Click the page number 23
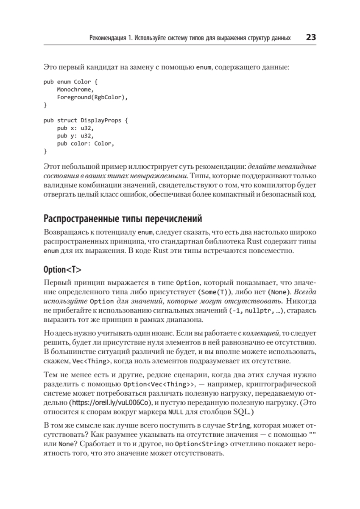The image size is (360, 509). [x=310, y=38]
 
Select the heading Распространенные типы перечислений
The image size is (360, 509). [x=123, y=219]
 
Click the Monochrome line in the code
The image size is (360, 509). [x=75, y=89]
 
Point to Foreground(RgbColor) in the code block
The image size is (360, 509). [x=92, y=97]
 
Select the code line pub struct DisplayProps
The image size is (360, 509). [x=85, y=120]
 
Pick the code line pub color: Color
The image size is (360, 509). [x=85, y=143]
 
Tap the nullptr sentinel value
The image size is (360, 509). [x=259, y=310]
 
